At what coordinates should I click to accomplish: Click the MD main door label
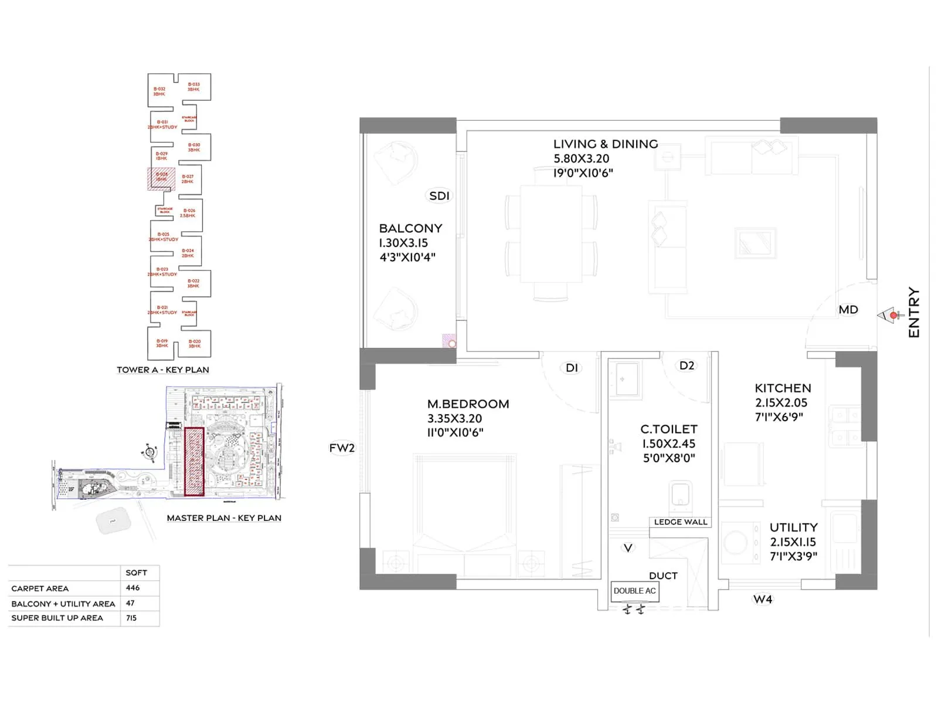[x=848, y=310]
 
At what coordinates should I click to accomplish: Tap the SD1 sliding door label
[x=439, y=196]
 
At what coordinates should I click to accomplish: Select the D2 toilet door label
[x=686, y=365]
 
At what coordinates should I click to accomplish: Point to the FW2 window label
[x=342, y=448]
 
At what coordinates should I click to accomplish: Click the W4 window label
[x=763, y=599]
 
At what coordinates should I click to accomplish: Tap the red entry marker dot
[x=893, y=316]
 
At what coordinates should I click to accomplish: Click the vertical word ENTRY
[x=913, y=312]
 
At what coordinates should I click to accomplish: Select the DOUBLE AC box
[x=634, y=591]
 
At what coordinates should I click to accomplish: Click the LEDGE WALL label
[x=680, y=522]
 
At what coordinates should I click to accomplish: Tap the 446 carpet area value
[x=133, y=588]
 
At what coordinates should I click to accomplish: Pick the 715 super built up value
[x=131, y=618]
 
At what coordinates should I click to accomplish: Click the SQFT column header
[x=136, y=573]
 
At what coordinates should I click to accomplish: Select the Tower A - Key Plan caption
[x=163, y=370]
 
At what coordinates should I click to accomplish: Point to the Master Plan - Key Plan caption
[x=224, y=518]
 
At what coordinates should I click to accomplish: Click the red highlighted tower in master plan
[x=194, y=462]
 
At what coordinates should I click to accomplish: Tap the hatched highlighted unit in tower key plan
[x=161, y=178]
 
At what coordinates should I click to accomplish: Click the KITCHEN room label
[x=783, y=388]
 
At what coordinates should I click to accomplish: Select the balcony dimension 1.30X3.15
[x=403, y=243]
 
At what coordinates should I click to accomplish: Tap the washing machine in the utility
[x=736, y=543]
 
